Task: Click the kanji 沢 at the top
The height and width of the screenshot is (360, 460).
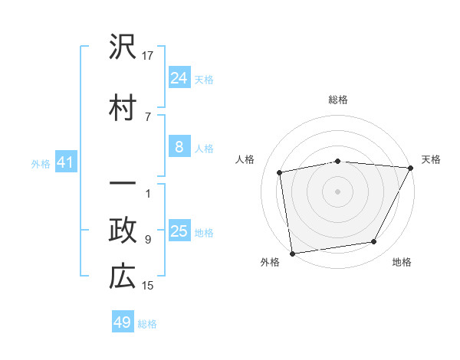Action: click(x=123, y=49)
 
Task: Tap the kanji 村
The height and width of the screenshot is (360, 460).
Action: click(x=123, y=106)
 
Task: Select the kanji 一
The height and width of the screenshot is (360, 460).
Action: click(x=123, y=185)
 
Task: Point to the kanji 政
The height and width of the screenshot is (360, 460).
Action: click(x=123, y=231)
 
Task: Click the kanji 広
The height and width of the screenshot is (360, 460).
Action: click(x=123, y=277)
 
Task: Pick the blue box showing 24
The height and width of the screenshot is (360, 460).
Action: click(x=179, y=77)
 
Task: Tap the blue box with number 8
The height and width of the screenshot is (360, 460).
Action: click(x=179, y=146)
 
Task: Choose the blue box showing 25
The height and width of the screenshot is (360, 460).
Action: click(x=179, y=231)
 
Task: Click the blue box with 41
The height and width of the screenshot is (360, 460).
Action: click(x=65, y=162)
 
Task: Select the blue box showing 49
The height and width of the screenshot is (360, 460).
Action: click(x=123, y=322)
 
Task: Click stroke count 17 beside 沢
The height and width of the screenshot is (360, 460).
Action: click(x=148, y=56)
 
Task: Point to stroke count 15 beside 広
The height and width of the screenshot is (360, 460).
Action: click(x=148, y=286)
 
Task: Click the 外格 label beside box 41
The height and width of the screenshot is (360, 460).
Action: click(x=41, y=163)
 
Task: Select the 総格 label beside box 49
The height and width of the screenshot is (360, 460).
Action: click(x=147, y=324)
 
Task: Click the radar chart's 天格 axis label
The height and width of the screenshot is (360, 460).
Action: click(x=431, y=159)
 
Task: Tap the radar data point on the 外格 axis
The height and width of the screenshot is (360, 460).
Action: click(x=292, y=253)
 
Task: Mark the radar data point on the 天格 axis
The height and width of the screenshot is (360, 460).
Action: click(x=411, y=168)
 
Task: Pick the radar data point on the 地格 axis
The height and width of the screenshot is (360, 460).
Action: click(x=374, y=242)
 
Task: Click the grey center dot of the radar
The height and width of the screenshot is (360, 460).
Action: click(x=337, y=191)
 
